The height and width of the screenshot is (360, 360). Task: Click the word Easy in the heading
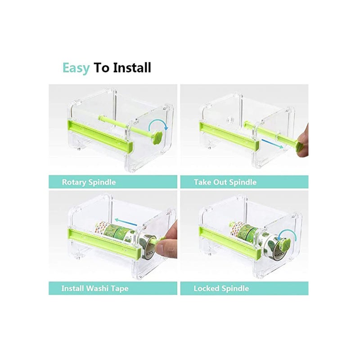[x=76, y=68]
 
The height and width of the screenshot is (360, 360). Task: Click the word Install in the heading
[x=132, y=68]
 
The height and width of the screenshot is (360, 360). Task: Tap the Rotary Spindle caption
[x=89, y=182]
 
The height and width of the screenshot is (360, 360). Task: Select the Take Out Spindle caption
[x=225, y=182]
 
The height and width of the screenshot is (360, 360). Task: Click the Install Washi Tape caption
[x=94, y=288]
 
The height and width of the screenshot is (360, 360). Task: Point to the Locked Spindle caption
[x=221, y=288]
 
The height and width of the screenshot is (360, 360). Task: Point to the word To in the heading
[x=101, y=68]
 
